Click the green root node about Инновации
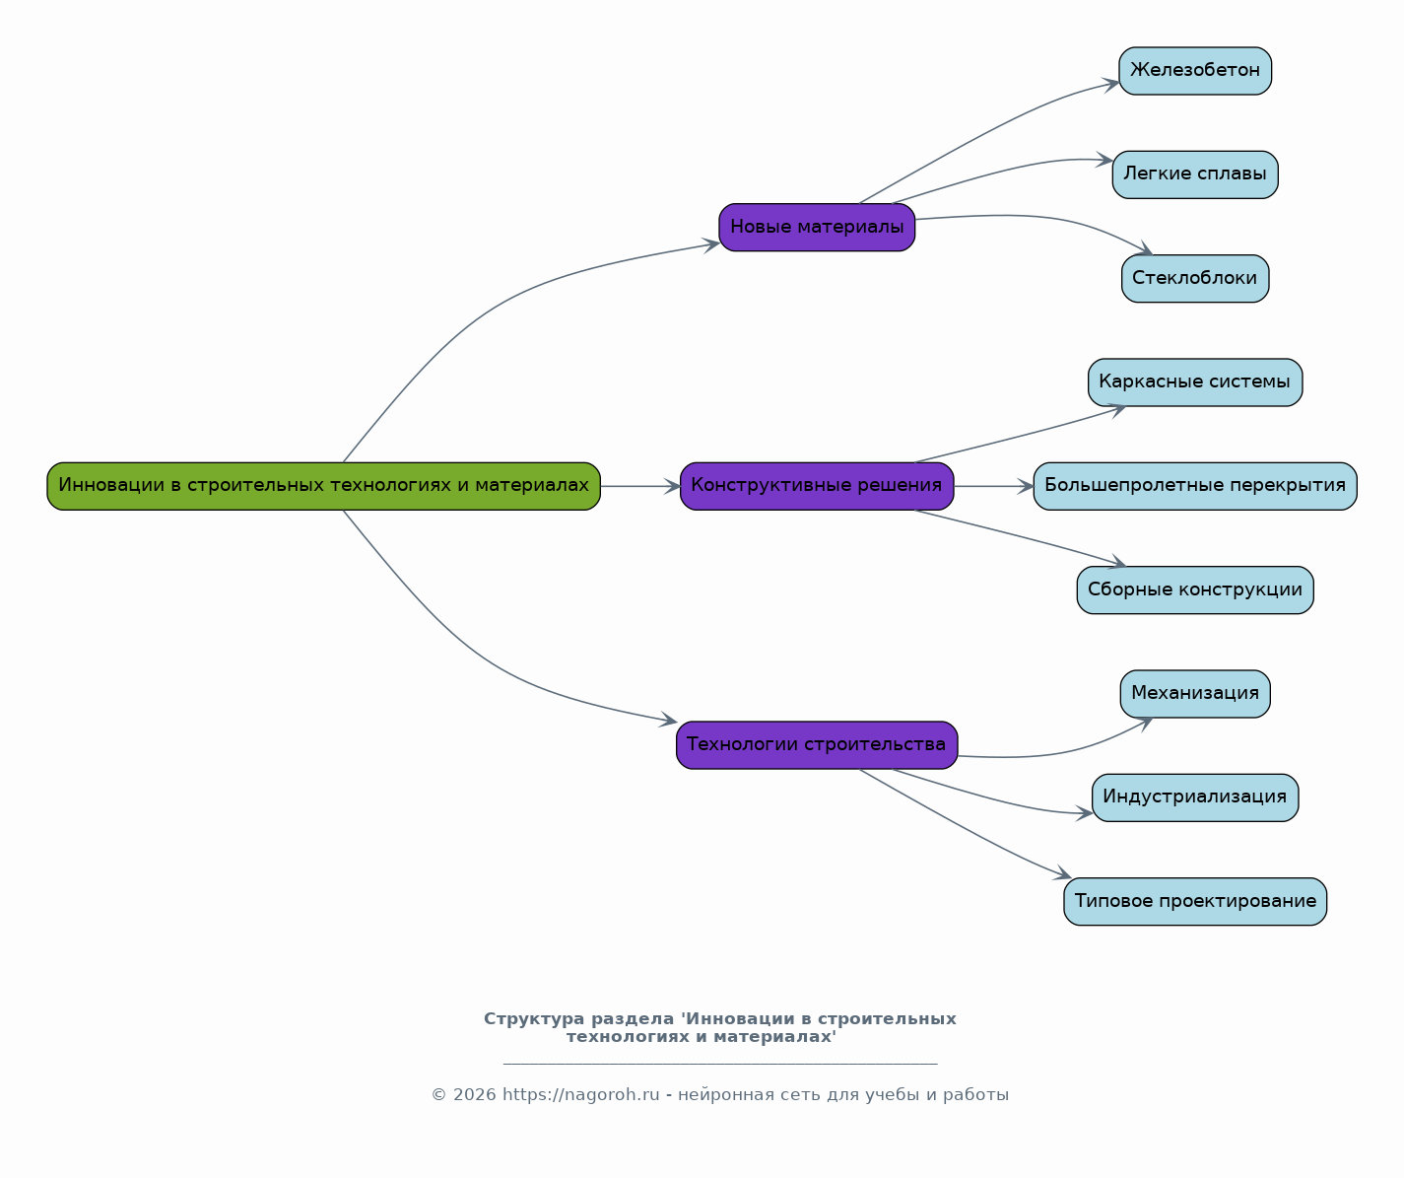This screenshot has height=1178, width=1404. [x=323, y=486]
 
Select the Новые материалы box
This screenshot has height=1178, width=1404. [x=817, y=228]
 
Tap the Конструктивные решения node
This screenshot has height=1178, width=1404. [x=817, y=486]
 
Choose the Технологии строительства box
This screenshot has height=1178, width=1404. [x=817, y=744]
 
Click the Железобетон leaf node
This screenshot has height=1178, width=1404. [x=1195, y=71]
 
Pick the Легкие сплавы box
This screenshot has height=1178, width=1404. [x=1195, y=174]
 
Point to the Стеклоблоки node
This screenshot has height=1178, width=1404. [x=1195, y=279]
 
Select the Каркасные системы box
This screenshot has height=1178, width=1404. [x=1195, y=382]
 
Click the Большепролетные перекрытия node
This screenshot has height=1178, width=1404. [x=1195, y=486]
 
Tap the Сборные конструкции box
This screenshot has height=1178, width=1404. [x=1195, y=590]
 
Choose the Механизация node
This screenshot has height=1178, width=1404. [x=1195, y=694]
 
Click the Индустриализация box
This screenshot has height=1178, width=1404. [x=1195, y=797]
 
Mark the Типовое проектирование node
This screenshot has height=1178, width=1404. [x=1195, y=902]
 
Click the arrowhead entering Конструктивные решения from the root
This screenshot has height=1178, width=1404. [x=672, y=486]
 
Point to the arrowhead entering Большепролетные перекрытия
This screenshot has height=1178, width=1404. [x=1026, y=486]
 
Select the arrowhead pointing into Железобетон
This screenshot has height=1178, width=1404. [x=1110, y=85]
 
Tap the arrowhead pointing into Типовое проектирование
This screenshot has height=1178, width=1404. [x=1063, y=873]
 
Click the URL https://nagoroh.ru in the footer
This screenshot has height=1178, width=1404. [x=581, y=1094]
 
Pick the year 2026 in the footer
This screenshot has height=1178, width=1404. [x=475, y=1094]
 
